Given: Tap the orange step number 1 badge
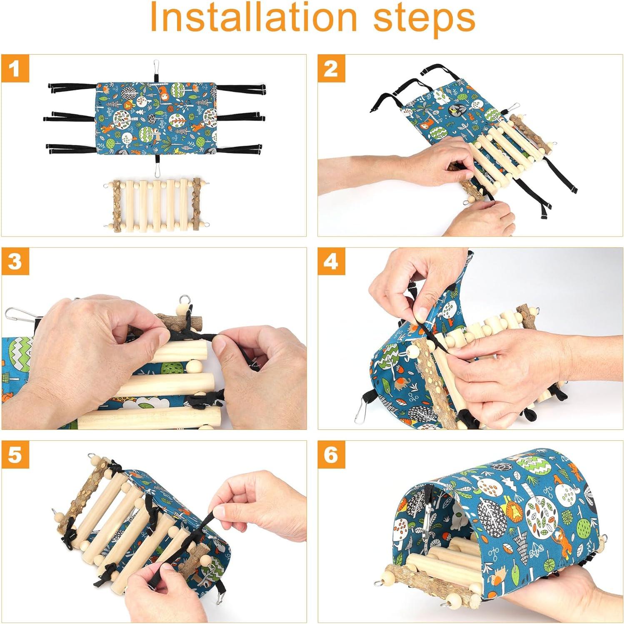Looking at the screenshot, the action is point(15,68).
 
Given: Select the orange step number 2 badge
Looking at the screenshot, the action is point(332,68).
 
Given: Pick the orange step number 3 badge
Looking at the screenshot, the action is point(15,262).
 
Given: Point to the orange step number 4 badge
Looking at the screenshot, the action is point(332,262).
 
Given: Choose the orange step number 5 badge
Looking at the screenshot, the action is point(15,454).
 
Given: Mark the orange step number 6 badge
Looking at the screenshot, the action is point(332,454).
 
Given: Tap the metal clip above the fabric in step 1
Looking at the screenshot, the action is point(157,66).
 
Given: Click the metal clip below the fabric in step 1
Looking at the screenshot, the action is point(157,170).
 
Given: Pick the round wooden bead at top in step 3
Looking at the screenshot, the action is point(182,310).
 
